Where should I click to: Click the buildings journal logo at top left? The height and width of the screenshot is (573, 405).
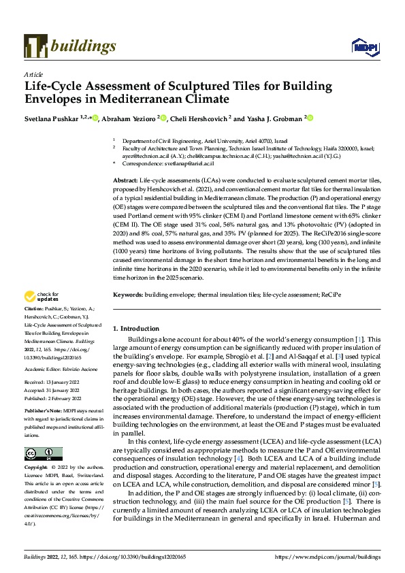tap(70, 46)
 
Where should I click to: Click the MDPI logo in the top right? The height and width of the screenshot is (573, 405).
tap(363, 46)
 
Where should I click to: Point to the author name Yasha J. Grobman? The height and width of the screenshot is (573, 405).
tap(274, 118)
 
